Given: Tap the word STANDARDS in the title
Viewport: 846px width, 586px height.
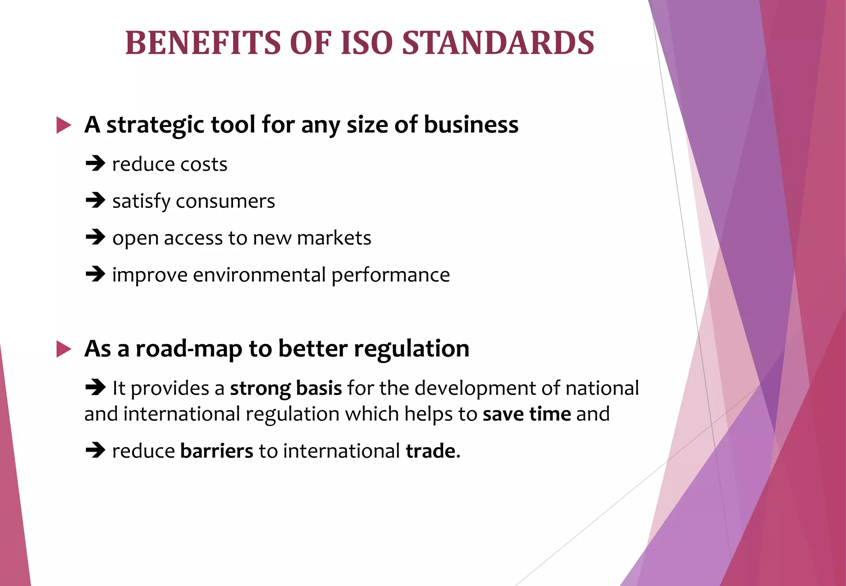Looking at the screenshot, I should pyautogui.click(x=498, y=43).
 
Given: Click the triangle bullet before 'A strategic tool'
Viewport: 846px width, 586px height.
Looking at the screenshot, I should pyautogui.click(x=64, y=125).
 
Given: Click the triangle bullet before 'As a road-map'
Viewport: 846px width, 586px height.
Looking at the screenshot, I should pyautogui.click(x=64, y=349).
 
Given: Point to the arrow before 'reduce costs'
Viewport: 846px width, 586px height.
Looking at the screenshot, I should pyautogui.click(x=95, y=164).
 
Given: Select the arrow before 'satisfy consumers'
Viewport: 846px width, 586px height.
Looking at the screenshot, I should pyautogui.click(x=95, y=201).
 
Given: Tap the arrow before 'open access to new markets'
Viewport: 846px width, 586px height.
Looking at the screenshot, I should pyautogui.click(x=95, y=238).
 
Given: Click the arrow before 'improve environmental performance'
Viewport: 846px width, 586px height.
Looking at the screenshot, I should pyautogui.click(x=95, y=274).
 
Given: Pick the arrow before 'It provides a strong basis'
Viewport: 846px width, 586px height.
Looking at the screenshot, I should pyautogui.click(x=95, y=388).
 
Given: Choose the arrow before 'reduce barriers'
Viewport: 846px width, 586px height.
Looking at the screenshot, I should pyautogui.click(x=95, y=450).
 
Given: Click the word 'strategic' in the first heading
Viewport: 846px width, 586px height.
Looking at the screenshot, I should pyautogui.click(x=155, y=125).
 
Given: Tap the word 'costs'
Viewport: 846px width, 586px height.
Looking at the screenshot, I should pyautogui.click(x=204, y=164).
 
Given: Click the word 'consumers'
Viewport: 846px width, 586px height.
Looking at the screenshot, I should pyautogui.click(x=225, y=202).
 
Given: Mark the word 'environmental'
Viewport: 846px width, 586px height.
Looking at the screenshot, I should pyautogui.click(x=259, y=275).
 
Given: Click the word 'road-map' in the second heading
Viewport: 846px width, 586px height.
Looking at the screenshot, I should pyautogui.click(x=189, y=349).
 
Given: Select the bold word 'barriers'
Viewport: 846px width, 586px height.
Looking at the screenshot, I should pyautogui.click(x=216, y=450).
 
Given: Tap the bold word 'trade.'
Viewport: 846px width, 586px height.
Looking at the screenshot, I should pyautogui.click(x=433, y=450).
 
